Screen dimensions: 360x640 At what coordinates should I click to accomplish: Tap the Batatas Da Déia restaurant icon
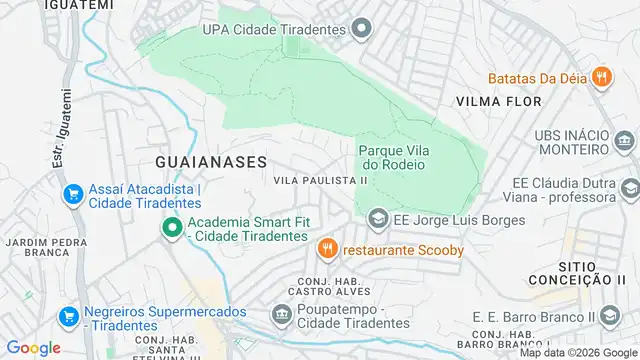click(601, 77)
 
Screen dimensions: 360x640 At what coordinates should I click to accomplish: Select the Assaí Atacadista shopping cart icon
click(71, 194)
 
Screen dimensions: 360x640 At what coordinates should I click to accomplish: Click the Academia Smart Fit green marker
click(171, 229)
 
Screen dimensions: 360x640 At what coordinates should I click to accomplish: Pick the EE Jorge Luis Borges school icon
click(378, 217)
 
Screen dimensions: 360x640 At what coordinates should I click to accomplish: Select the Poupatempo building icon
click(280, 316)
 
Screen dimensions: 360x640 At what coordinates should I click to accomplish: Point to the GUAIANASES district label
click(211, 160)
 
